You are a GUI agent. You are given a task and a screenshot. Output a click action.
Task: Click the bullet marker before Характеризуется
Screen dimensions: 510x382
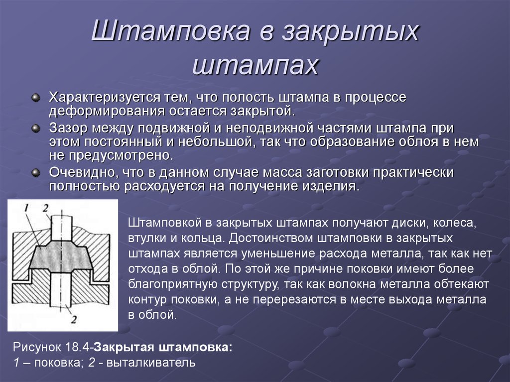36,97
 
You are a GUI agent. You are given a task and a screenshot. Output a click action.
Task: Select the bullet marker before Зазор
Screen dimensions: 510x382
36,128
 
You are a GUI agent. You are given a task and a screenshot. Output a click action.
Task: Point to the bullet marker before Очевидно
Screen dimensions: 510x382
36,172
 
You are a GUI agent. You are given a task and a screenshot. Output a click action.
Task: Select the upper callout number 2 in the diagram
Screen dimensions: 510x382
46,208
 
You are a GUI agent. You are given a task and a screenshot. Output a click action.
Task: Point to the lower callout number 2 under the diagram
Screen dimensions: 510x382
74,319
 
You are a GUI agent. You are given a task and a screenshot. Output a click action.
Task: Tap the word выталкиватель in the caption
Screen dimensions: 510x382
151,363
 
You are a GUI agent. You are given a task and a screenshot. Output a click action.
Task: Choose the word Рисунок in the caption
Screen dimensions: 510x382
37,348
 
